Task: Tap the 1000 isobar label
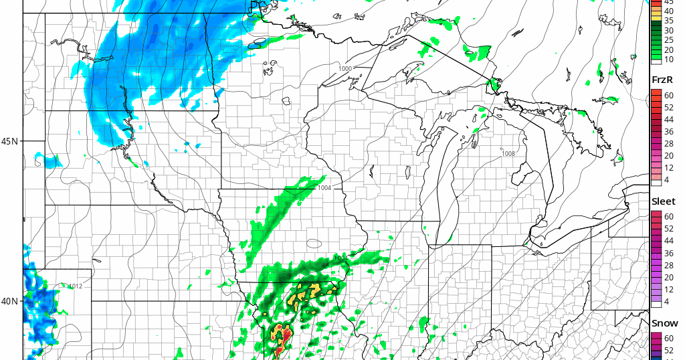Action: click(345, 69)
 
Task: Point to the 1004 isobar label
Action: click(324, 188)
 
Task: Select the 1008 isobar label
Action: click(508, 154)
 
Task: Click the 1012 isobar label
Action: click(76, 286)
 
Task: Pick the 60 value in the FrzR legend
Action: click(669, 96)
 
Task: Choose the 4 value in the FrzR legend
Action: click(667, 180)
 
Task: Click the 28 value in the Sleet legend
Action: click(669, 265)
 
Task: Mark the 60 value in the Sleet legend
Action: click(669, 217)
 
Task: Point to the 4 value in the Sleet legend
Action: click(667, 301)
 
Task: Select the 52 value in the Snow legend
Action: click(669, 351)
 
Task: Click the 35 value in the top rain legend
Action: click(669, 21)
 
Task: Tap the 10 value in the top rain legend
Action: click(669, 60)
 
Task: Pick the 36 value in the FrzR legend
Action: click(669, 132)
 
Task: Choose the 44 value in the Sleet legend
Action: click(669, 241)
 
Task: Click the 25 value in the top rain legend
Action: click(669, 39)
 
